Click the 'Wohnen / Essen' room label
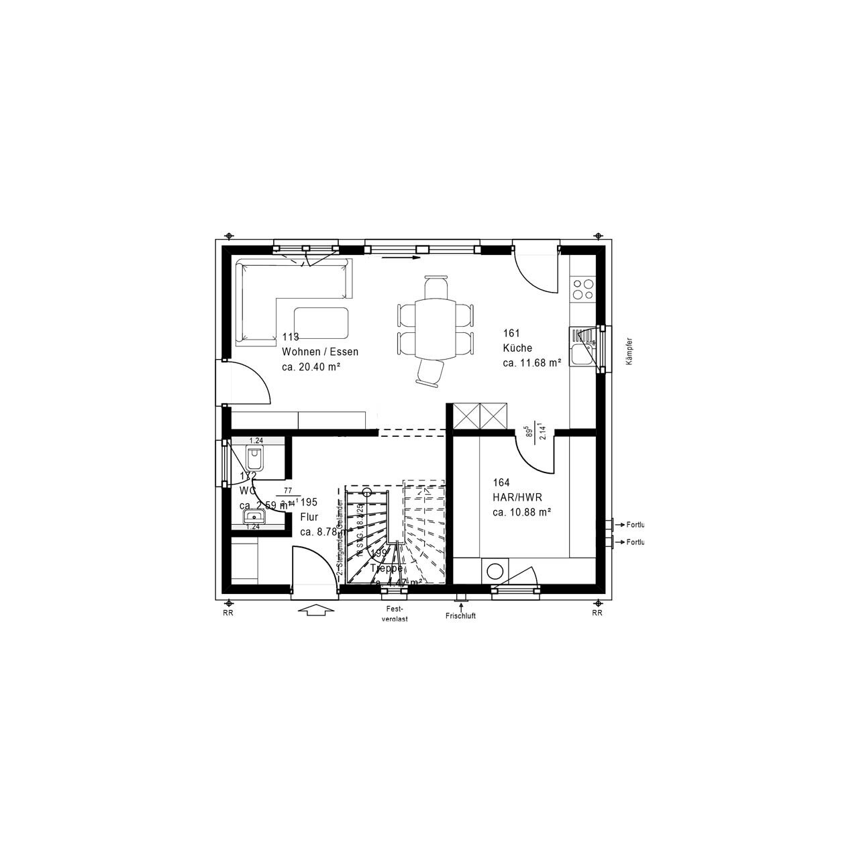pos(320,352)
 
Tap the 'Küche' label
pos(517,348)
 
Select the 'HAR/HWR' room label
pos(517,497)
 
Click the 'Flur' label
pos(309,517)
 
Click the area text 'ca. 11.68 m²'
pos(532,363)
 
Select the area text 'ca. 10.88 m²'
pos(521,512)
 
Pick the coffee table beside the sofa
pos(321,323)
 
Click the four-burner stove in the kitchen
pos(582,289)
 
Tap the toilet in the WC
pos(254,459)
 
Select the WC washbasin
pos(254,516)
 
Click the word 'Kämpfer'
pos(629,350)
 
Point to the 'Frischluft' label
pos(460,616)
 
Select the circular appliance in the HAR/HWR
pos(495,571)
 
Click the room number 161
pos(511,333)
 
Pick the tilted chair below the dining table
pos(432,372)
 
